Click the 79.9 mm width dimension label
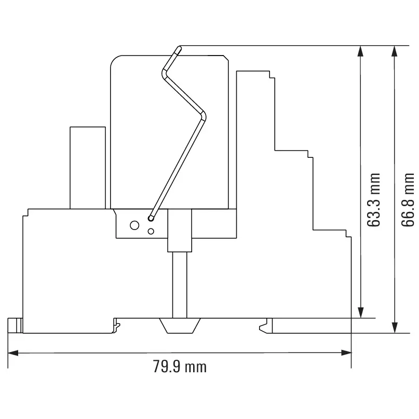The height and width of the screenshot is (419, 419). click(180, 367)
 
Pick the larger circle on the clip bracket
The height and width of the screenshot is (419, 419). click(134, 225)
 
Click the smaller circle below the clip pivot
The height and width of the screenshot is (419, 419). click(151, 231)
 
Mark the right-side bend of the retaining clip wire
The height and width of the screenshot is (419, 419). click(204, 115)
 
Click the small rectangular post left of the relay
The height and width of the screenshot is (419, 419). click(88, 167)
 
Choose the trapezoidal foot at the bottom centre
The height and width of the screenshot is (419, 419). click(179, 326)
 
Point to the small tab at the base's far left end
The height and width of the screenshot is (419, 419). click(15, 325)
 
